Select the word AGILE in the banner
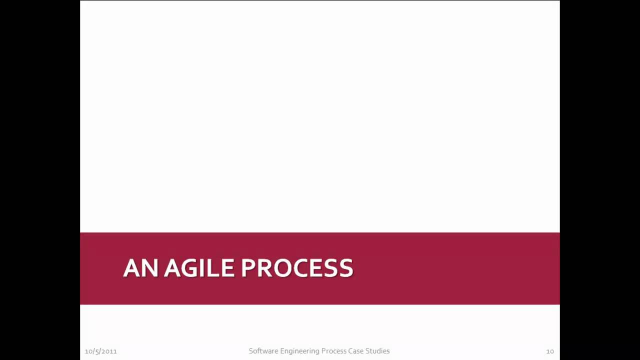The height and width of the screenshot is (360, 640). (x=199, y=268)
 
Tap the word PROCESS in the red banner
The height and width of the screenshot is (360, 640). (x=297, y=268)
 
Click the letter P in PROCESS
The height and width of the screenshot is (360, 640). (x=248, y=268)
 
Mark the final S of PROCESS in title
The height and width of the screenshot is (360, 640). (x=346, y=268)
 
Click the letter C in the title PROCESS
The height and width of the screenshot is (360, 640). (x=297, y=268)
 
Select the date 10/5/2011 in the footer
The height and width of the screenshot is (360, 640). (x=100, y=351)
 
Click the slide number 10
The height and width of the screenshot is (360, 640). (x=549, y=351)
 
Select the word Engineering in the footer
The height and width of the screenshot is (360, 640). (x=298, y=351)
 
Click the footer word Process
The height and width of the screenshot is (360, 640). (x=333, y=351)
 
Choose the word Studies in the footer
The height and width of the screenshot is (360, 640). (x=377, y=351)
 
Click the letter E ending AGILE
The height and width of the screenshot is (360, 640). (x=228, y=268)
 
